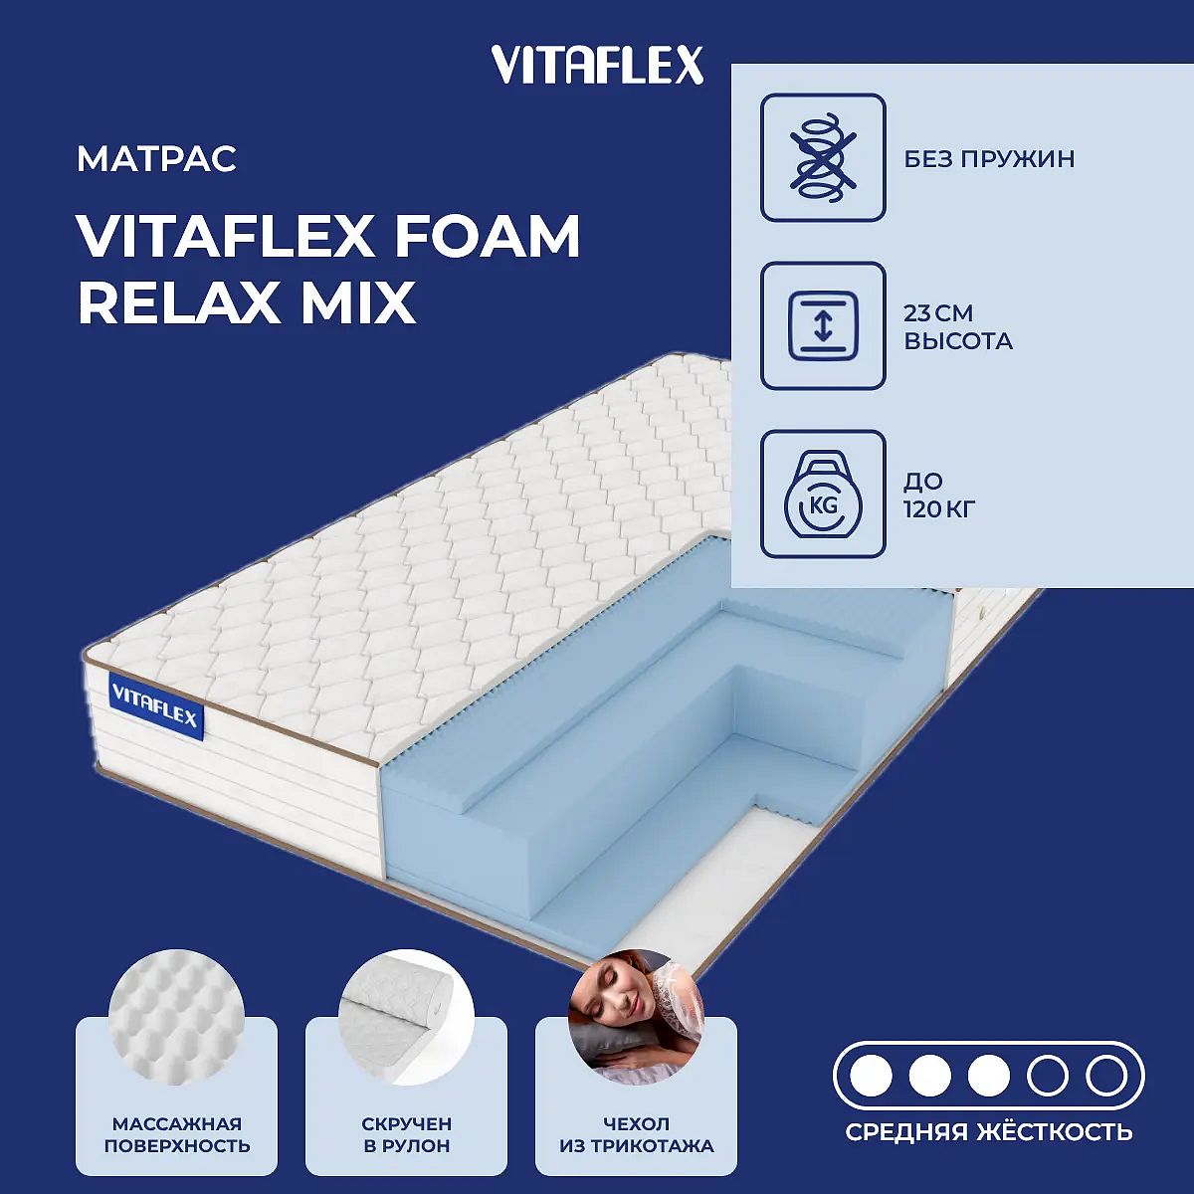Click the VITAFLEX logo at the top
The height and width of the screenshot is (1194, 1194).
click(x=597, y=65)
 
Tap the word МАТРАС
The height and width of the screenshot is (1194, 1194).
click(x=157, y=159)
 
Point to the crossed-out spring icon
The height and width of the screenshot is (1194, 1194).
click(x=823, y=157)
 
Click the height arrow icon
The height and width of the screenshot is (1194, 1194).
click(x=823, y=326)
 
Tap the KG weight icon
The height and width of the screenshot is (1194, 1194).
click(x=823, y=495)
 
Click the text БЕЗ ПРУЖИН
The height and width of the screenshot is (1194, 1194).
click(x=989, y=159)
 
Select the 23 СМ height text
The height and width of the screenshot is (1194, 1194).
click(x=938, y=313)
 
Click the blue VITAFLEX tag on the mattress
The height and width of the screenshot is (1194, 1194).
click(x=155, y=708)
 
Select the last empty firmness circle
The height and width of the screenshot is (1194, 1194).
click(x=1106, y=1077)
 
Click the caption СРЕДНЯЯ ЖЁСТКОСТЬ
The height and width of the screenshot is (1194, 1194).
click(x=989, y=1131)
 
